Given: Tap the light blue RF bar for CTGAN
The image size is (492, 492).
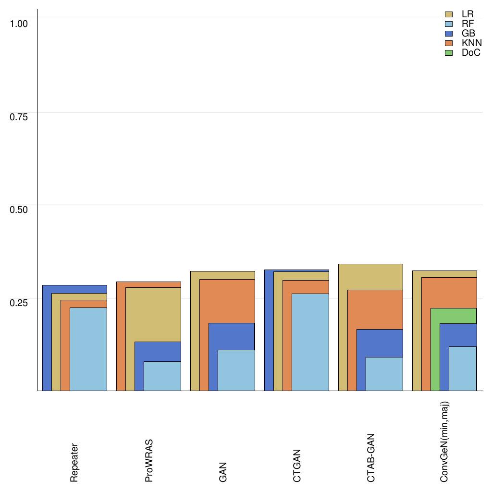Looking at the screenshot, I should point(310,342).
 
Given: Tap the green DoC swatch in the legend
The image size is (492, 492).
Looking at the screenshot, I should point(449,53).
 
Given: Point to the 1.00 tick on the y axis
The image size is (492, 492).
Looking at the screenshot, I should point(19,24).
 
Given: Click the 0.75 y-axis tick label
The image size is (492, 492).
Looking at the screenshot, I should point(19,117).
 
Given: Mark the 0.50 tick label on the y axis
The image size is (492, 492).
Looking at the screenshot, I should point(19,209).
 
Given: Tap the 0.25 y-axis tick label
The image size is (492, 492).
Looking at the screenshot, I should point(19,303).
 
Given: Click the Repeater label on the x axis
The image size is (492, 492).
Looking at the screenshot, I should point(74,463).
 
